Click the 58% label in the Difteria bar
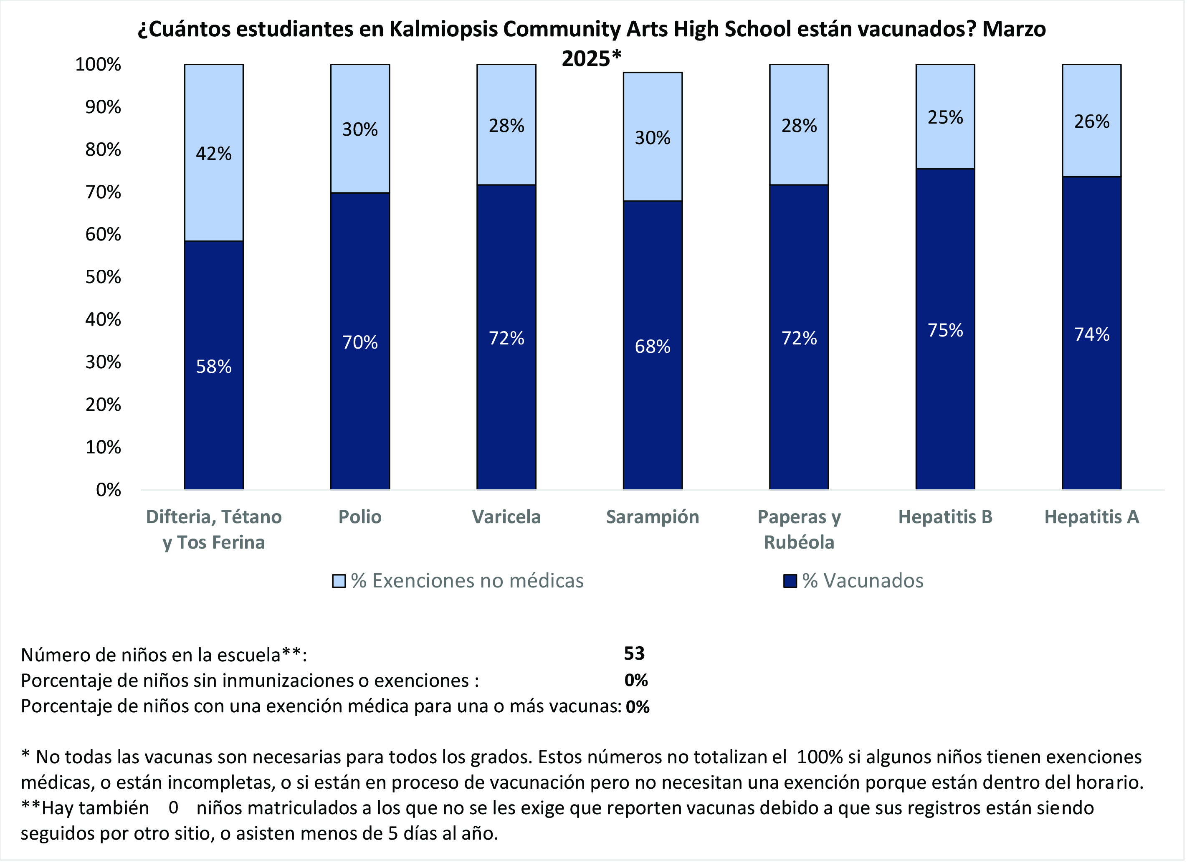tap(213, 366)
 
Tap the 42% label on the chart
tap(213, 153)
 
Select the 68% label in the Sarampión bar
tap(652, 346)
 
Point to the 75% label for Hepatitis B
tap(945, 330)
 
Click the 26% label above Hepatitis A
tap(1091, 121)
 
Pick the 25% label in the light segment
tap(945, 117)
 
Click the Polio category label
tap(359, 516)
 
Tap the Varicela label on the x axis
tap(506, 516)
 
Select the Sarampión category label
tap(652, 516)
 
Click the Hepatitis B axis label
tap(945, 516)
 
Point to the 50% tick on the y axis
tap(103, 277)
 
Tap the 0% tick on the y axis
tap(108, 490)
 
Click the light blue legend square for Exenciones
tap(339, 581)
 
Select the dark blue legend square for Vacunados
tap(790, 581)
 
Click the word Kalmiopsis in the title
tap(443, 29)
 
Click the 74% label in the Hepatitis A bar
tap(1091, 334)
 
